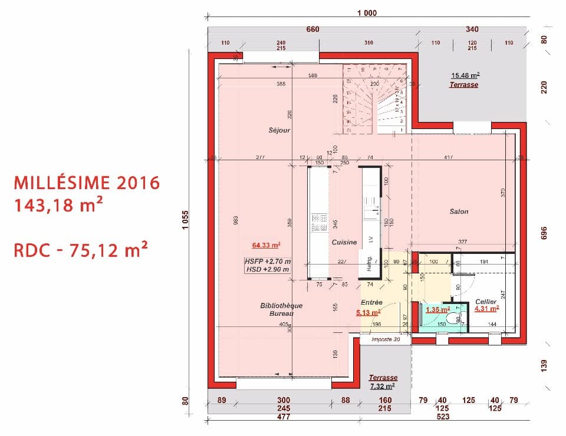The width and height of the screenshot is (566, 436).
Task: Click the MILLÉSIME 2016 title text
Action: [x=87, y=183]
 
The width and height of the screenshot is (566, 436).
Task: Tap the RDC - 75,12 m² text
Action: [x=80, y=250]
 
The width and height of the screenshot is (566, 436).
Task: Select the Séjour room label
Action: [x=279, y=130]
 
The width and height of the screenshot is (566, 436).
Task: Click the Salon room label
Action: [x=459, y=212]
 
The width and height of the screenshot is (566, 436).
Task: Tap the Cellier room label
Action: [x=486, y=301]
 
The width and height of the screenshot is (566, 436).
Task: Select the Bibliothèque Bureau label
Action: [x=281, y=309]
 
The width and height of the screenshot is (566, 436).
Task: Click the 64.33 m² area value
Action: [x=265, y=245]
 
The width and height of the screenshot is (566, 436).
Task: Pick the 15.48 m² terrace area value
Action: [x=465, y=75]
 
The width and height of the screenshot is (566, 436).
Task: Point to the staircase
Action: [x=375, y=98]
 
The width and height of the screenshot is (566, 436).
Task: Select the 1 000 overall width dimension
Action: [x=367, y=13]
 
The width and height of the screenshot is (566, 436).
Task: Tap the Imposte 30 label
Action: [x=386, y=340]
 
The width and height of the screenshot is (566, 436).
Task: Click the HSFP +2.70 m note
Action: [x=267, y=260]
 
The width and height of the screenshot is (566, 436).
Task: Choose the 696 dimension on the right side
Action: [x=544, y=233]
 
